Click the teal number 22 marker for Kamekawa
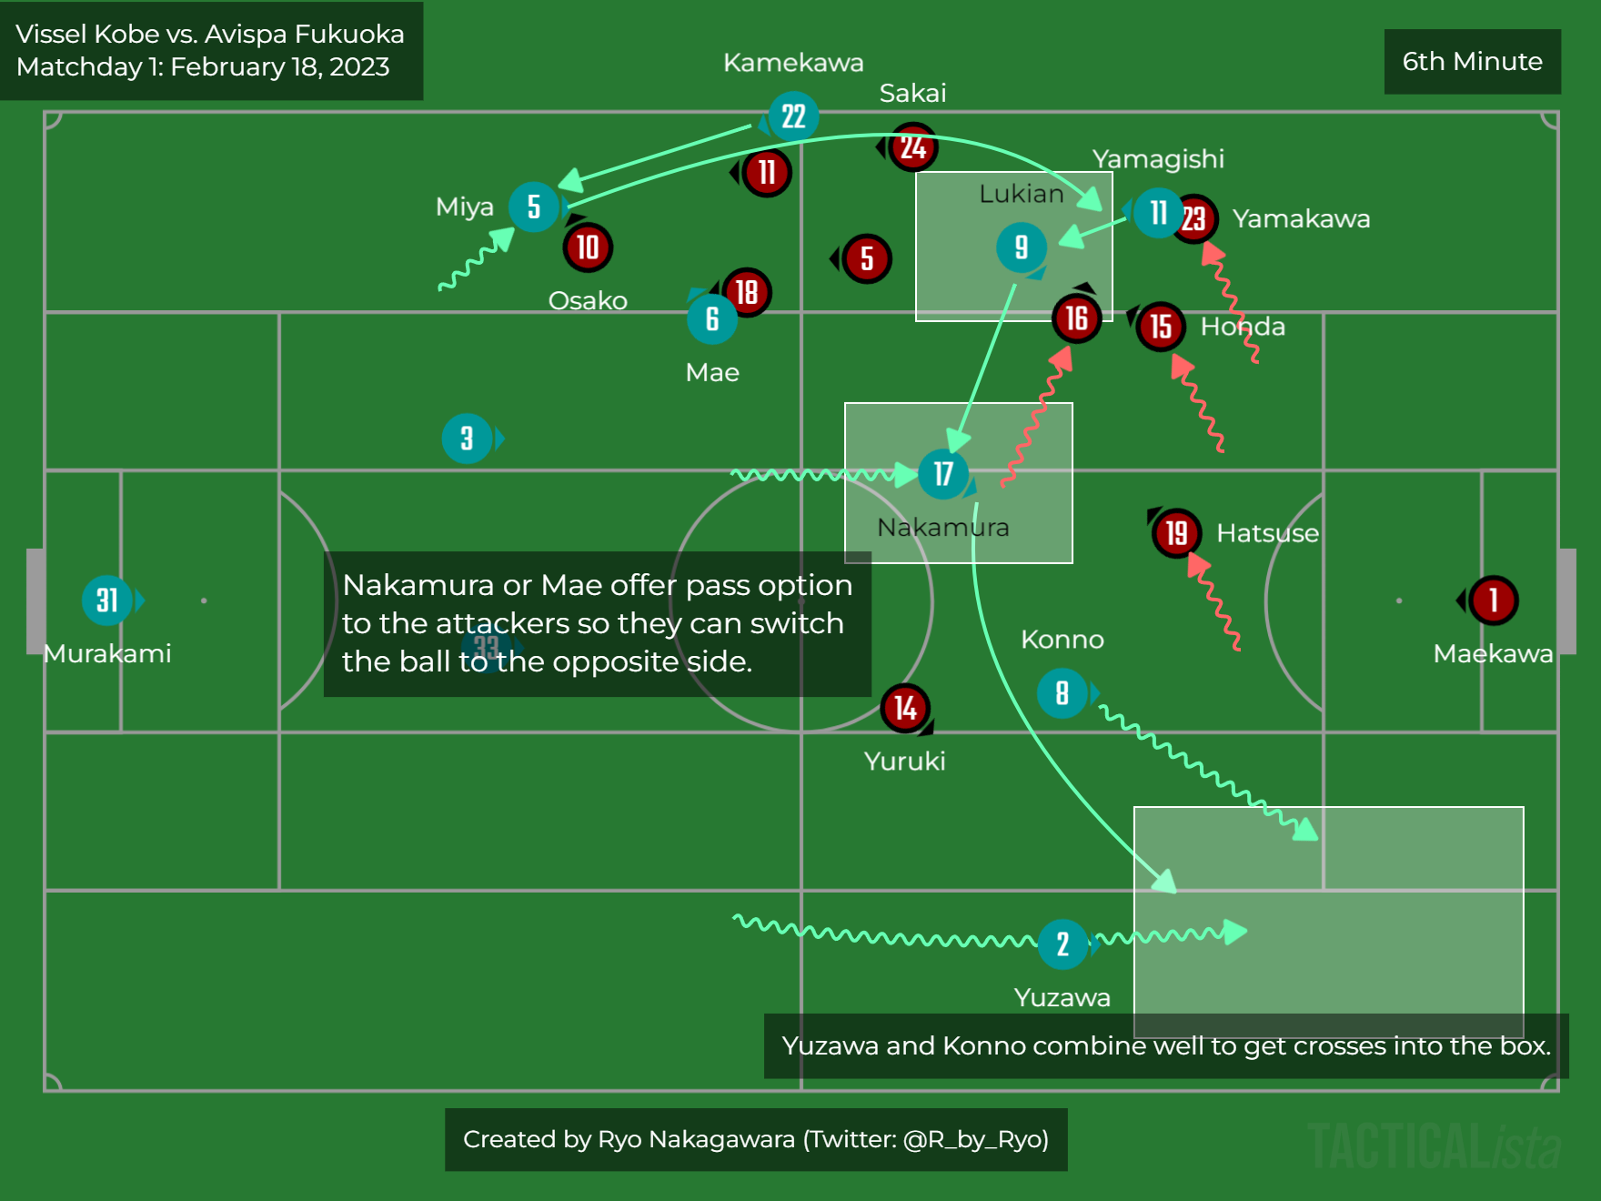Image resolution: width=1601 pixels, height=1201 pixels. [793, 116]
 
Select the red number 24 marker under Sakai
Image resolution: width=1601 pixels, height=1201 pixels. [913, 147]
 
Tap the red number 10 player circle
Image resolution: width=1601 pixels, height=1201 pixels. [588, 247]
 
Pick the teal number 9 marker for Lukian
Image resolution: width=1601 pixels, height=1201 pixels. [1021, 247]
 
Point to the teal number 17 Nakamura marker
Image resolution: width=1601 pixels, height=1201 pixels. [943, 474]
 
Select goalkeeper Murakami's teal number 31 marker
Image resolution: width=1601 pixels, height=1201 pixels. [107, 600]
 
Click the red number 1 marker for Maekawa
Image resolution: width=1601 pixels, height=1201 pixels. [1493, 600]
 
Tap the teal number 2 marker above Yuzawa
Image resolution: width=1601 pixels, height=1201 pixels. [1062, 944]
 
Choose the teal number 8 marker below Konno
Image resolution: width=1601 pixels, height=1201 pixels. [1062, 694]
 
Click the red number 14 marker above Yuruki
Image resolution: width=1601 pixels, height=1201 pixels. [905, 708]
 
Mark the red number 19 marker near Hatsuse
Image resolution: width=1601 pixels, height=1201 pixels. [1176, 533]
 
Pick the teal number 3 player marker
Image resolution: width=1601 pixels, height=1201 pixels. [467, 439]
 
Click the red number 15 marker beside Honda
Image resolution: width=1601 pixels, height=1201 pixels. [1161, 327]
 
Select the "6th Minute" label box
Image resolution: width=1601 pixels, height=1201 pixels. [1472, 61]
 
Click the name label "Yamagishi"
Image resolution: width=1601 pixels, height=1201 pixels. [1158, 159]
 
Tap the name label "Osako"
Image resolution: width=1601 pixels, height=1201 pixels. [588, 300]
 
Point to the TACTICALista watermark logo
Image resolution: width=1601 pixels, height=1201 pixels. [1434, 1145]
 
